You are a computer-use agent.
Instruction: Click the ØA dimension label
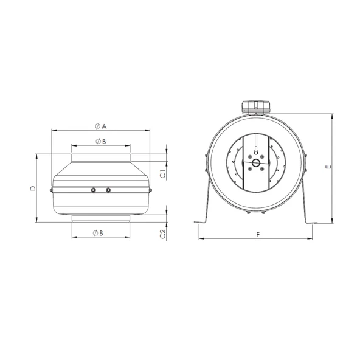[101, 126]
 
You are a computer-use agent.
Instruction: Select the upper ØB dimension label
[101, 142]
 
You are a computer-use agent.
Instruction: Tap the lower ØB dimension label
[98, 233]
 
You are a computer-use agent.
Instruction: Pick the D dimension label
[33, 189]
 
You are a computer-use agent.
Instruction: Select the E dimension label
[328, 167]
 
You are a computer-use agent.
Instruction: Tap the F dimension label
[258, 234]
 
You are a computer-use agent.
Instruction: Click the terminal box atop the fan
[256, 107]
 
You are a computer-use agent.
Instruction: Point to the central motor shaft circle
[256, 163]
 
